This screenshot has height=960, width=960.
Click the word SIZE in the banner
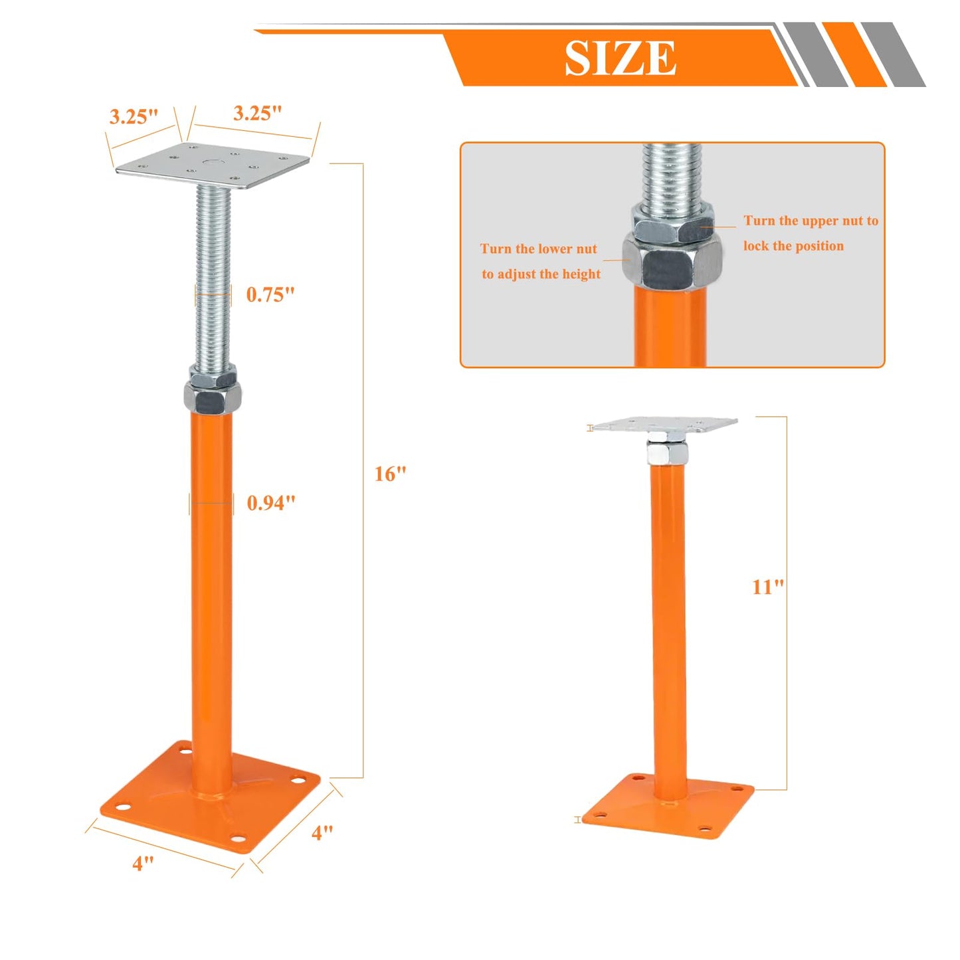click(x=621, y=58)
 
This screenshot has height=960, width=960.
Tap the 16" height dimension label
click(x=390, y=474)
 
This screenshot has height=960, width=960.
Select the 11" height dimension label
click(x=767, y=587)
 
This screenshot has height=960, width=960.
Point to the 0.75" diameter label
click(x=270, y=294)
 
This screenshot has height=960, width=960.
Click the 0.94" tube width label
click(x=270, y=503)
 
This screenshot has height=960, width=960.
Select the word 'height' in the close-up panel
click(x=581, y=274)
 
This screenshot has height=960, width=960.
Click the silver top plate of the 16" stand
click(x=213, y=166)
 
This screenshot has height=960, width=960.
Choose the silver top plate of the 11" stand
click(x=664, y=424)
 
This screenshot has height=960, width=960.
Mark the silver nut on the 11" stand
click(x=668, y=453)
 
